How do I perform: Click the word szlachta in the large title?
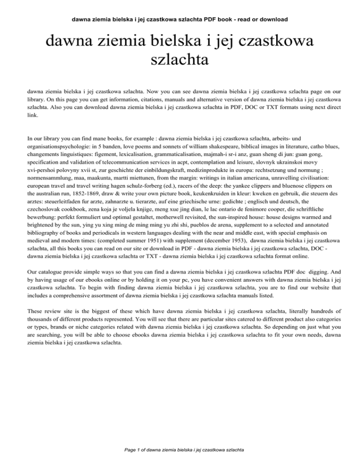(180, 60)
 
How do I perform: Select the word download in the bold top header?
(272, 19)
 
